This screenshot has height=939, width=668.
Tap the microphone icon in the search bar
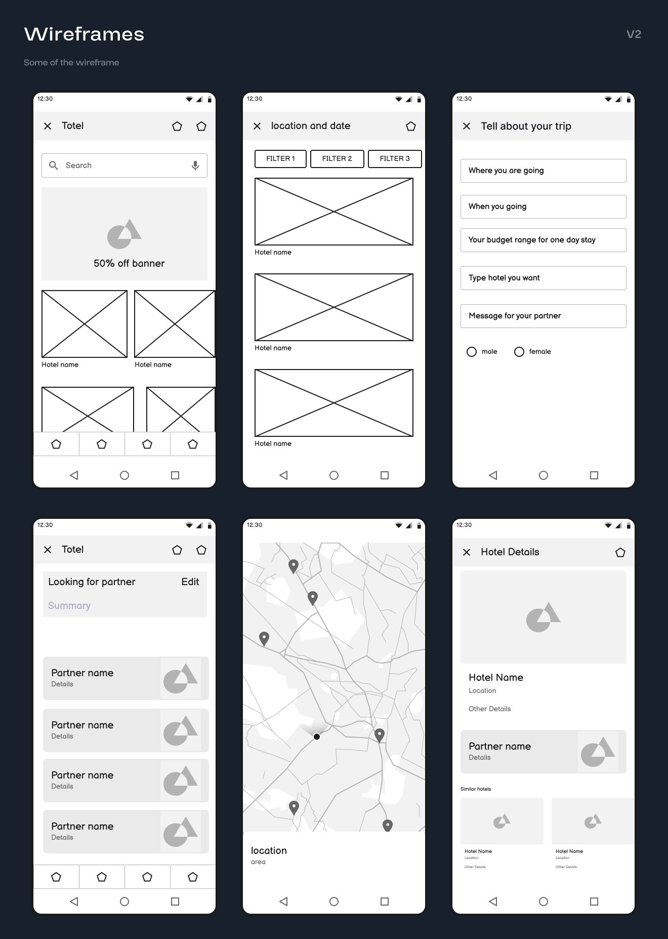(195, 166)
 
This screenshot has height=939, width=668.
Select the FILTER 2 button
(337, 158)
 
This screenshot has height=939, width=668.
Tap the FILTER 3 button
(395, 158)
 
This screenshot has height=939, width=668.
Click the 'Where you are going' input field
(543, 171)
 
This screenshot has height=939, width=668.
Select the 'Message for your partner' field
(543, 316)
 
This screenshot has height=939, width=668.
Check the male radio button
(472, 352)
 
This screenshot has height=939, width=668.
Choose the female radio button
(519, 352)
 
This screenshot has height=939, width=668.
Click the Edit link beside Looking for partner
(190, 582)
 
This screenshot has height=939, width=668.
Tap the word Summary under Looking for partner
(69, 606)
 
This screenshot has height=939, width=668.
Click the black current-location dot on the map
(317, 737)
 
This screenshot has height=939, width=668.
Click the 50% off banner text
(129, 263)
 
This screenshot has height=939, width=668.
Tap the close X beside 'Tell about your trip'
(467, 126)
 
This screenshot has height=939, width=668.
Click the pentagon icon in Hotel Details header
(620, 552)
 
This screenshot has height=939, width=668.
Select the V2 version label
(634, 34)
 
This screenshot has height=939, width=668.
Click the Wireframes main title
(84, 34)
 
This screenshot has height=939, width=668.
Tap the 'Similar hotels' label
(476, 789)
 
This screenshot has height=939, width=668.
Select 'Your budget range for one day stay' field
(543, 240)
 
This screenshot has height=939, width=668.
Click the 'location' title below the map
(269, 850)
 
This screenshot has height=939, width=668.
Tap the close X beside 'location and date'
(257, 126)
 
